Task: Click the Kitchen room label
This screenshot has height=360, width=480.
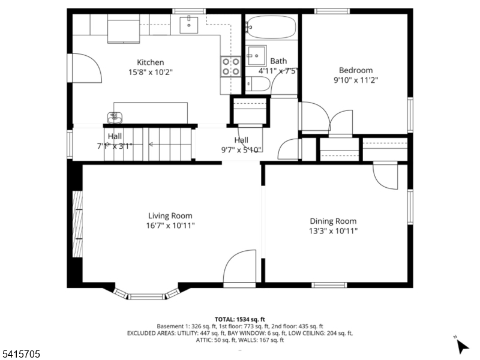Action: pos(150,62)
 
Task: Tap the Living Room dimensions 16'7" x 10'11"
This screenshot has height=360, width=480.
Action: pos(170,226)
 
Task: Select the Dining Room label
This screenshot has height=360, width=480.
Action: pos(333,221)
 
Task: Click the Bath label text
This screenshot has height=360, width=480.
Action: pos(278,61)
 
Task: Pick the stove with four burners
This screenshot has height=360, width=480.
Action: pos(230,66)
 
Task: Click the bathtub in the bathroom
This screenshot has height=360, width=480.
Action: pos(271,27)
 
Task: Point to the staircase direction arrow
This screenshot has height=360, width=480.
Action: pos(149,144)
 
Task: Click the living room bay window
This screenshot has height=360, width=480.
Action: pos(147,294)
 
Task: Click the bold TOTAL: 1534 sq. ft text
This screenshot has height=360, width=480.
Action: pos(240,319)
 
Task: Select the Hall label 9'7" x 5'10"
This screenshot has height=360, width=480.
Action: pos(241,145)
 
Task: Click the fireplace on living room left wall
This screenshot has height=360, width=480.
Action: pos(77,223)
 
